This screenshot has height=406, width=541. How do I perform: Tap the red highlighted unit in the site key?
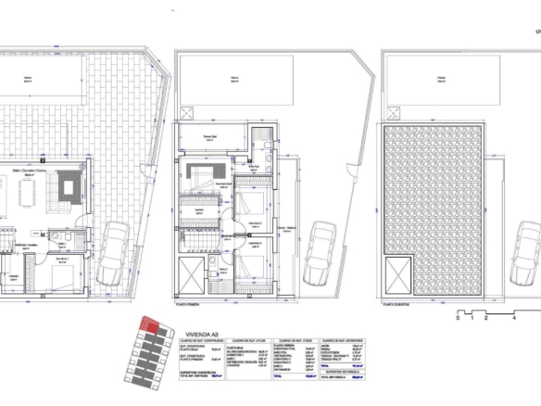147,325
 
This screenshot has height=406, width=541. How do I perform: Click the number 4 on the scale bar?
514,317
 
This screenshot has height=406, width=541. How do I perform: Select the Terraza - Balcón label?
284,228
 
